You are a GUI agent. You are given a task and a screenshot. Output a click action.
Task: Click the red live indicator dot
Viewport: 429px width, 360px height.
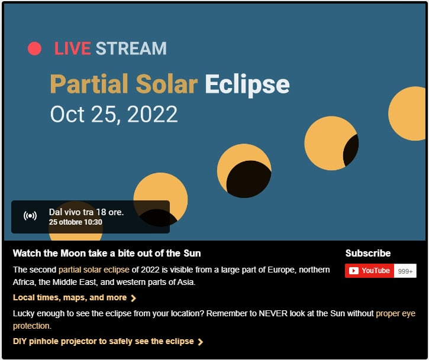click(34, 48)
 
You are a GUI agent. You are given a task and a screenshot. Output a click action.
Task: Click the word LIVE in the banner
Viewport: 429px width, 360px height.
click(73, 48)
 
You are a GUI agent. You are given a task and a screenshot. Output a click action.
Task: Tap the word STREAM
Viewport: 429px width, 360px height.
click(131, 48)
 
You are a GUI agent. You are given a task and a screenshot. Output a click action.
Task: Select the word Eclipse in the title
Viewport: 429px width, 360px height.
click(247, 84)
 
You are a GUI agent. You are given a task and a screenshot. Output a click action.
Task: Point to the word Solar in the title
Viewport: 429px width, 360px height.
click(167, 83)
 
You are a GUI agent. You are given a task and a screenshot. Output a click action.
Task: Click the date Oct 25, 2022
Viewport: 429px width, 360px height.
click(114, 114)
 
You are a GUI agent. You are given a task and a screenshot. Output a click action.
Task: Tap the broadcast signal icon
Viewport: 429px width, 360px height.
click(30, 216)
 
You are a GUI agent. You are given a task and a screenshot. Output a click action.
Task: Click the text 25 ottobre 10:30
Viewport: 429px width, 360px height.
click(76, 222)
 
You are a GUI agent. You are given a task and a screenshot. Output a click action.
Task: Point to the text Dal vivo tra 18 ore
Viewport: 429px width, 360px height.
click(86, 212)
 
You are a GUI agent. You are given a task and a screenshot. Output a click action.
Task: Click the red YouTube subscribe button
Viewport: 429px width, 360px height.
click(369, 271)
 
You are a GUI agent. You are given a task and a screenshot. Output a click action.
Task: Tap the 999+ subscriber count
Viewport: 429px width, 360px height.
click(405, 271)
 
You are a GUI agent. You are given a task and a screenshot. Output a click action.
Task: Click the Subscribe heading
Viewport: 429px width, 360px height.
click(368, 253)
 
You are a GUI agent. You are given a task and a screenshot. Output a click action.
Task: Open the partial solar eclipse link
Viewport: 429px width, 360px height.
click(94, 270)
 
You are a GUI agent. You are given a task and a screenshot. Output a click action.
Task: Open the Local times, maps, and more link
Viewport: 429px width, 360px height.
click(75, 297)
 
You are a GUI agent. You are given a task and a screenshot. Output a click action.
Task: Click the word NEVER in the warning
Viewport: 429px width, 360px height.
click(273, 313)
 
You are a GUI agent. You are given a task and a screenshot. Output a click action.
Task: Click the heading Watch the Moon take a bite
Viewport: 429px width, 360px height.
click(107, 253)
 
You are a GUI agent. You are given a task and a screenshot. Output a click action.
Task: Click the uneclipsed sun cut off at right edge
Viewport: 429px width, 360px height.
click(408, 113)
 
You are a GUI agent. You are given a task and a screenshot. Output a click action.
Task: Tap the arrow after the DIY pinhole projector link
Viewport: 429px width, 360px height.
click(201, 342)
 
